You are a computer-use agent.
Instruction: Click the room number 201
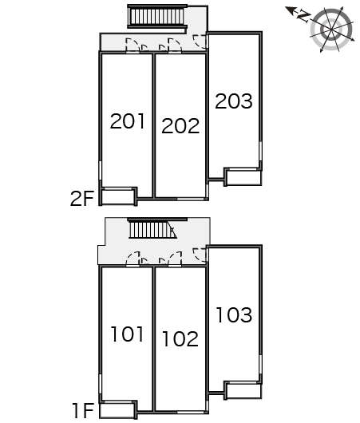(x=128, y=121)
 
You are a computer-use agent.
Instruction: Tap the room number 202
(x=180, y=126)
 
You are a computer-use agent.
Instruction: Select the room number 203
(x=234, y=101)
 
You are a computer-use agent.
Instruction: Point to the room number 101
(x=127, y=334)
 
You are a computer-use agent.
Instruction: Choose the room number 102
(x=180, y=339)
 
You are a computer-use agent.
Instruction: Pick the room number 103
(x=234, y=314)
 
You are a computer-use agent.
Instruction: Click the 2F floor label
(x=82, y=198)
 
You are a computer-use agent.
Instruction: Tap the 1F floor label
(x=83, y=410)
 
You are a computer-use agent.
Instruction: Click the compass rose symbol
(x=332, y=30)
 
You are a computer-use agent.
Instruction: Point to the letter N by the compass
(x=303, y=17)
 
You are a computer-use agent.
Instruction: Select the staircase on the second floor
(x=157, y=17)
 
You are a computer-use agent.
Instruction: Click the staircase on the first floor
(x=152, y=229)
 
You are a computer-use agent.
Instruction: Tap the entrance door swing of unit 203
(x=200, y=42)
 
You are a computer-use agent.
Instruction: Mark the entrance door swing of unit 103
(x=200, y=255)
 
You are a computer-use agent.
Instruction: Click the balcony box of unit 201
(x=118, y=196)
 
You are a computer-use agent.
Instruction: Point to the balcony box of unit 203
(x=243, y=177)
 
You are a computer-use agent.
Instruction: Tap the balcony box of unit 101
(x=118, y=409)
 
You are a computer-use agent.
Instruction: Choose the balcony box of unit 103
(x=243, y=390)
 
